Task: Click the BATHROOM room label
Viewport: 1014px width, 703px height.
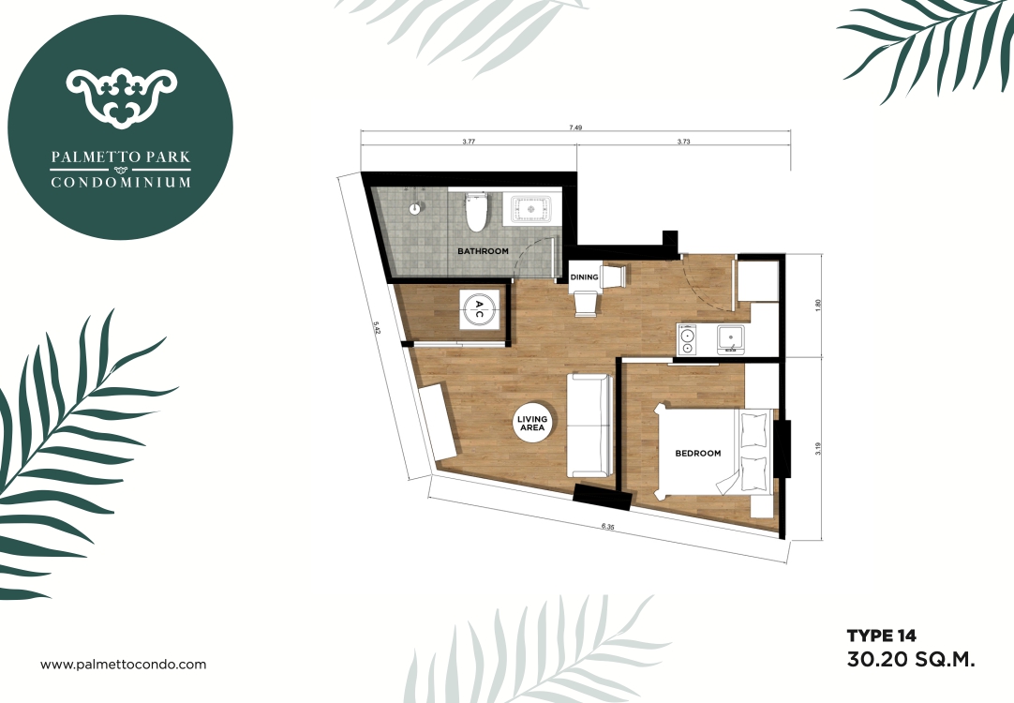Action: pyautogui.click(x=483, y=251)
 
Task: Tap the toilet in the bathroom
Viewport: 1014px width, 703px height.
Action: pyautogui.click(x=477, y=212)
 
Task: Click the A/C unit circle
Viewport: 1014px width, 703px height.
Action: pyautogui.click(x=478, y=308)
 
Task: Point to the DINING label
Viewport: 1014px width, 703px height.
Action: pyautogui.click(x=584, y=277)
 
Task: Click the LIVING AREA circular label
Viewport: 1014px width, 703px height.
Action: pyautogui.click(x=532, y=424)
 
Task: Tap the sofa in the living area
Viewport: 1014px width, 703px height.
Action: pyautogui.click(x=589, y=424)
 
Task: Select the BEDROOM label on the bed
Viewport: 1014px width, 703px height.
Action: pyautogui.click(x=698, y=454)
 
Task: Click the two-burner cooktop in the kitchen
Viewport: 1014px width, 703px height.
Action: pyautogui.click(x=688, y=340)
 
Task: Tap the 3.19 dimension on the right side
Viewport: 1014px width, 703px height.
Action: pyautogui.click(x=818, y=450)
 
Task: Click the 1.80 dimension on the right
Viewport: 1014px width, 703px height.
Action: pyautogui.click(x=818, y=304)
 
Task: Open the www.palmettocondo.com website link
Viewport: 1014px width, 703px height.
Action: pyautogui.click(x=123, y=665)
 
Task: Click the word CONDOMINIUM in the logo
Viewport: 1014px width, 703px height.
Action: pyautogui.click(x=120, y=182)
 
